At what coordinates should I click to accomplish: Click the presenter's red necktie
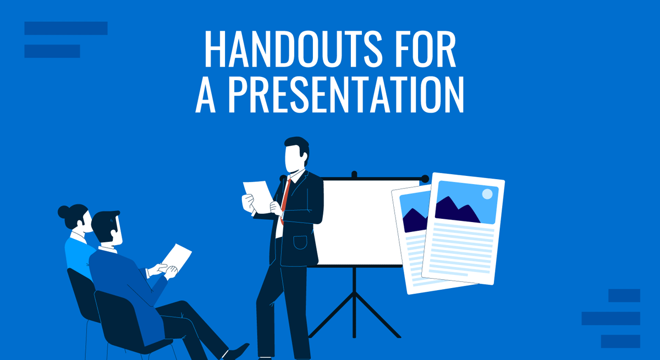(285, 198)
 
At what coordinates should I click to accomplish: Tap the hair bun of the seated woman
(64, 212)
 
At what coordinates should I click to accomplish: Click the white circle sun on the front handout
(487, 194)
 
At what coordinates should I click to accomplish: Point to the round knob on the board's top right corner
(425, 179)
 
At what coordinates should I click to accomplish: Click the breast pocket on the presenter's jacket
(300, 242)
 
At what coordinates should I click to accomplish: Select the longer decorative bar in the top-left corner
(66, 29)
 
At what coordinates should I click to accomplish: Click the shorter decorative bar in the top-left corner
(52, 51)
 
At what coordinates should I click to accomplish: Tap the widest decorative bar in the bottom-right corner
(610, 318)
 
